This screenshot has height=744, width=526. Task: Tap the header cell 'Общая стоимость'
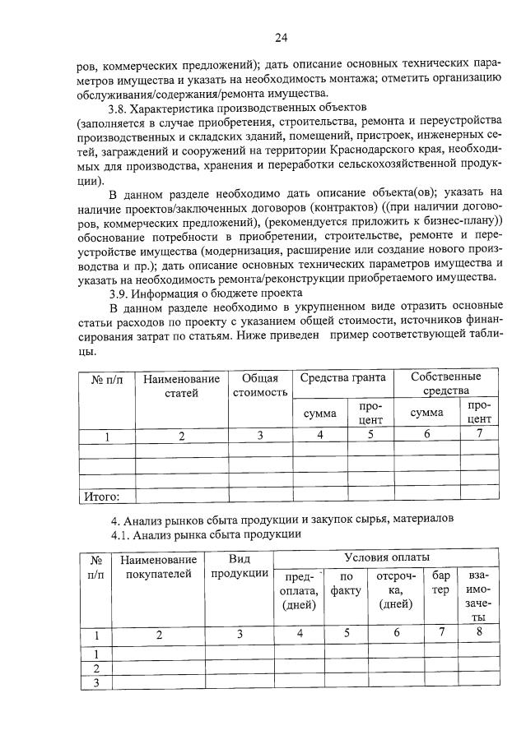click(259, 385)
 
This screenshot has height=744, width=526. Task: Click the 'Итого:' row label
click(102, 496)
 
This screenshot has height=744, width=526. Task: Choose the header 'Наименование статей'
click(182, 386)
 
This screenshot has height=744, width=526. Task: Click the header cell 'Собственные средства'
click(446, 382)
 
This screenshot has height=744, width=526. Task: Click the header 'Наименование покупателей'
click(159, 566)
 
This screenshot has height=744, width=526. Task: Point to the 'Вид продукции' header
click(240, 566)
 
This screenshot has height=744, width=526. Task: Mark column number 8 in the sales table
click(477, 632)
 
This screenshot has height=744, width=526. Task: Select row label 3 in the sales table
click(96, 682)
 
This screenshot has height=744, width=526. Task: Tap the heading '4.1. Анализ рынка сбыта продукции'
click(206, 534)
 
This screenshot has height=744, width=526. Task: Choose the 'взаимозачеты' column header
click(477, 595)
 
